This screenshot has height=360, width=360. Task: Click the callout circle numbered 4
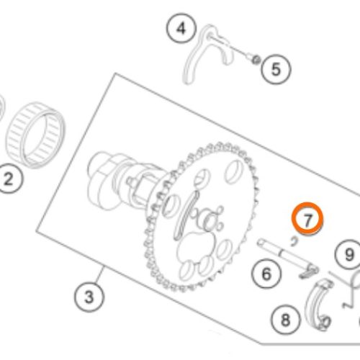(181, 29)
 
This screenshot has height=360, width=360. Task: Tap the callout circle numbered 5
(276, 69)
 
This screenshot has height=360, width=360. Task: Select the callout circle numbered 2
(9, 179)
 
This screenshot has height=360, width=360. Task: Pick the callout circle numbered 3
(89, 297)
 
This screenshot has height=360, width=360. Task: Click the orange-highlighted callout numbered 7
(307, 219)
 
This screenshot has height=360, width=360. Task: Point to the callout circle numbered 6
(266, 274)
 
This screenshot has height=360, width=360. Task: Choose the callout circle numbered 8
(285, 320)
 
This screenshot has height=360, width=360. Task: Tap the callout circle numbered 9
(349, 255)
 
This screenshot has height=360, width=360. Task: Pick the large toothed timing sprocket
(200, 216)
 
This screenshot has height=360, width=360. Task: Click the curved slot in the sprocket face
(186, 215)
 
